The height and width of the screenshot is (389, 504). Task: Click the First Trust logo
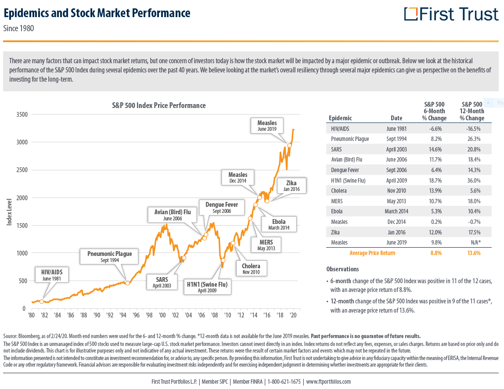click(x=451, y=14)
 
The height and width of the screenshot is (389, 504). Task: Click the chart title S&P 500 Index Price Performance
click(x=158, y=105)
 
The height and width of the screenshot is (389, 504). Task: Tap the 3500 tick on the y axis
click(x=22, y=115)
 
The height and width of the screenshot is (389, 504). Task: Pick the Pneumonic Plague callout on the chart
click(x=109, y=256)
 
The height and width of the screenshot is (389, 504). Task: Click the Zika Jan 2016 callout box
click(x=291, y=185)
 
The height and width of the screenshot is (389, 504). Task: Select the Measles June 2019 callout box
click(x=267, y=126)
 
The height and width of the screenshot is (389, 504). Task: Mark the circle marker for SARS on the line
click(x=184, y=258)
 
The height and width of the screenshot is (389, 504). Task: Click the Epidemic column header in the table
click(x=340, y=118)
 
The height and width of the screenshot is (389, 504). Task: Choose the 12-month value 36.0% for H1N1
click(x=472, y=180)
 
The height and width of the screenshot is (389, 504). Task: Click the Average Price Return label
click(x=372, y=253)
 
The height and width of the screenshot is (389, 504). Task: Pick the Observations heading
click(x=342, y=269)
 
